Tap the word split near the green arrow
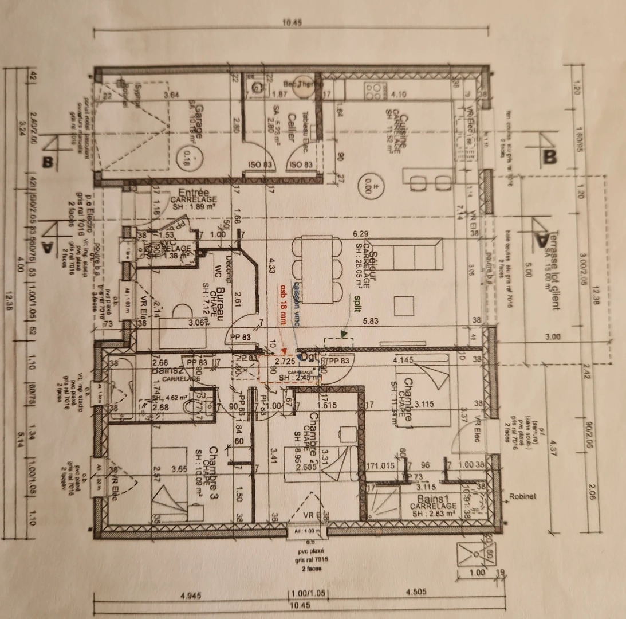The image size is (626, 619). click(x=357, y=300)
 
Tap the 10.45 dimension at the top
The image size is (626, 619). click(x=292, y=23)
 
